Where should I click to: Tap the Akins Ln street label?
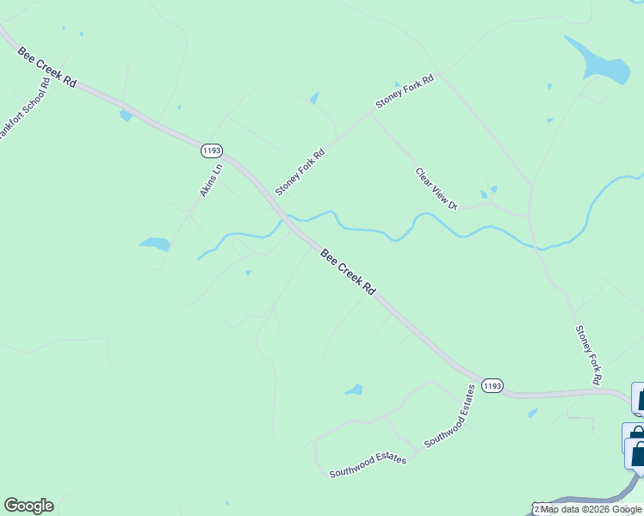point(212,180)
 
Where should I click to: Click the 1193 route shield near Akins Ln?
point(211,150)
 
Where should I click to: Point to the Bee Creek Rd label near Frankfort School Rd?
point(48,67)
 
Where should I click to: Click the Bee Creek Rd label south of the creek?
point(348,273)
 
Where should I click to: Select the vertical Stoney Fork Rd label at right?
point(589,354)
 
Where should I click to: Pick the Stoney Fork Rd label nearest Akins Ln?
point(300,172)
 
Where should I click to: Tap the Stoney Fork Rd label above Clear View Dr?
point(405,92)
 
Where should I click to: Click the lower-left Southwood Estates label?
point(368,465)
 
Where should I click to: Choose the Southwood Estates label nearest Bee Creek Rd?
point(450,416)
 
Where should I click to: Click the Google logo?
point(28,506)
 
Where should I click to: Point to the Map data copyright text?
point(591,509)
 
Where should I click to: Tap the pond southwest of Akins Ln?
point(155,244)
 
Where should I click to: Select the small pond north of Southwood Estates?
point(354,390)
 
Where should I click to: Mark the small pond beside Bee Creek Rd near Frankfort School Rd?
point(127,115)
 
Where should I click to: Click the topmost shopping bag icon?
point(640,397)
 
